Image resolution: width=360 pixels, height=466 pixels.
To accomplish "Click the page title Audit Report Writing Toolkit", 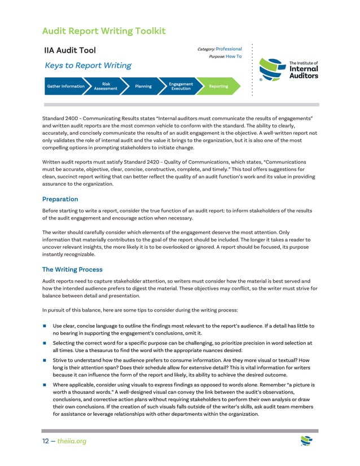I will pyautogui.click(x=104, y=30).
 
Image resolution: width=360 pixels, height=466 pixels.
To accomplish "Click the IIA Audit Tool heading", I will pyautogui.click(x=71, y=51).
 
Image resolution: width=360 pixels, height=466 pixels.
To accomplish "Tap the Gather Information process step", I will pyautogui.click(x=65, y=86).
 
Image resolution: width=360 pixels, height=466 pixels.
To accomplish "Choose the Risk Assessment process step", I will pyautogui.click(x=106, y=86).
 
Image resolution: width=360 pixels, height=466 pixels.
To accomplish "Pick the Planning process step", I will pyautogui.click(x=143, y=86).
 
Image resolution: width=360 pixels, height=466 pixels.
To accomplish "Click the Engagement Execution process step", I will pyautogui.click(x=181, y=86).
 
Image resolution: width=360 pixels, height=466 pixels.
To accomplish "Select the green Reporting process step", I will pyautogui.click(x=218, y=86).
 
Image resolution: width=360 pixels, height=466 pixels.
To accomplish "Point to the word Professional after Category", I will pyautogui.click(x=229, y=49).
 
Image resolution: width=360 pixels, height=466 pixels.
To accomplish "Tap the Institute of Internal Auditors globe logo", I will pyautogui.click(x=273, y=71).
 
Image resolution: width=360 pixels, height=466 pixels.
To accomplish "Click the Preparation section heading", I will pyautogui.click(x=60, y=199).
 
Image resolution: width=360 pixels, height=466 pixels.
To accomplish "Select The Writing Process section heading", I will pyautogui.click(x=72, y=269).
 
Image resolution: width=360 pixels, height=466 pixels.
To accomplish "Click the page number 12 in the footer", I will pyautogui.click(x=47, y=441).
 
